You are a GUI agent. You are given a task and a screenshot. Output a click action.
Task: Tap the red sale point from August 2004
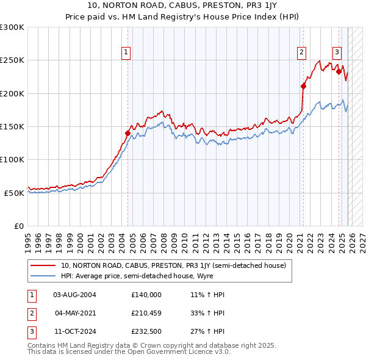(127, 133)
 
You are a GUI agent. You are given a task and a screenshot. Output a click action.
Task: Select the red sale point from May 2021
(303, 87)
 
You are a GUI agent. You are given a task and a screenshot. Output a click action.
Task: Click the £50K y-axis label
(13, 193)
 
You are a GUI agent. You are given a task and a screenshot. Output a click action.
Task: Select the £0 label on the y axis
(18, 226)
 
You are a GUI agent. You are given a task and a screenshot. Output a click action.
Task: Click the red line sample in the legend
(43, 265)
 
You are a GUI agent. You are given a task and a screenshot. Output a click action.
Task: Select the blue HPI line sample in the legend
(43, 275)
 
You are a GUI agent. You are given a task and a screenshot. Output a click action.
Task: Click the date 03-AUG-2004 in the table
(75, 295)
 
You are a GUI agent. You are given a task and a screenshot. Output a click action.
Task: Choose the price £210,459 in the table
(146, 314)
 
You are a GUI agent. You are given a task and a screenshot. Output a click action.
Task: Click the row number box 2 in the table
(30, 314)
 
